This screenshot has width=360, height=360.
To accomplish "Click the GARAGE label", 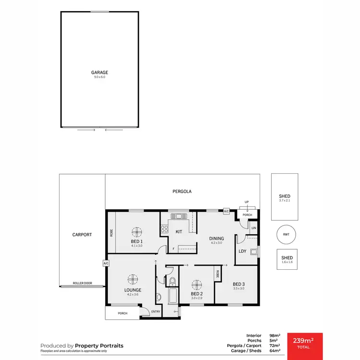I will tap(100, 72).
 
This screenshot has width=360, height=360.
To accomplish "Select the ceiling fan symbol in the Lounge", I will tap(132, 279).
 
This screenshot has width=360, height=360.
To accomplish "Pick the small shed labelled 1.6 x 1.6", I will tap(287, 260).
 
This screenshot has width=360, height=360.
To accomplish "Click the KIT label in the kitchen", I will tap(179, 232).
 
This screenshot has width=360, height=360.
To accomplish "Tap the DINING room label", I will tap(216, 238).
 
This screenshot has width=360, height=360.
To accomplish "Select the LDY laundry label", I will tap(242, 251).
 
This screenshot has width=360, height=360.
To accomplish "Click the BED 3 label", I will tap(239, 284).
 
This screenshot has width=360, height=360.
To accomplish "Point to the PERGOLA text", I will tap(182, 192).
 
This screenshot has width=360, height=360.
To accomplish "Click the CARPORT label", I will tap(82, 235).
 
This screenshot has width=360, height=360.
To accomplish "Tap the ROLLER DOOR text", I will tap(82, 283).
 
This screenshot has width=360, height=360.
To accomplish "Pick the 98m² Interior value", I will tap(274, 336).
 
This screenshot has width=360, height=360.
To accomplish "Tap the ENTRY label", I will tap(156, 312).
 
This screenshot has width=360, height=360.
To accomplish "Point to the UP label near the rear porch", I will tap(247, 202).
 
